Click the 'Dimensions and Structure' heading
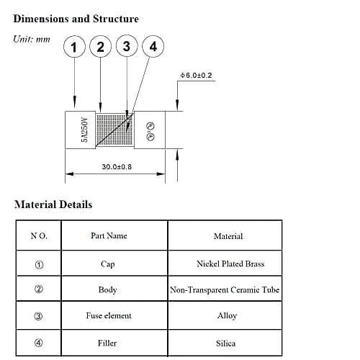click(x=76, y=19)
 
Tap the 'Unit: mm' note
click(x=32, y=39)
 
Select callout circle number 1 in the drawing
click(x=74, y=47)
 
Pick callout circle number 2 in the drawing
click(x=100, y=46)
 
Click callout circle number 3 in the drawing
click(x=127, y=46)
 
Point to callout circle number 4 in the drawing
click(x=153, y=46)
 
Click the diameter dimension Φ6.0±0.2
click(x=196, y=75)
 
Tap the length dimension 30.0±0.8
click(x=117, y=166)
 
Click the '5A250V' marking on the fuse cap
click(x=85, y=130)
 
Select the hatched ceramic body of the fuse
click(x=114, y=130)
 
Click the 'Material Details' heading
click(x=53, y=204)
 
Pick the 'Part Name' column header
click(x=109, y=235)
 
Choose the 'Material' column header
click(x=228, y=236)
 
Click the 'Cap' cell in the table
click(x=107, y=264)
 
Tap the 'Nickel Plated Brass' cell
click(x=230, y=264)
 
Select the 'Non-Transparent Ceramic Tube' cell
click(x=225, y=290)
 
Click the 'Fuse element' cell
click(x=109, y=315)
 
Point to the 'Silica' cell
click(x=225, y=343)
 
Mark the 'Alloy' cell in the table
click(x=227, y=315)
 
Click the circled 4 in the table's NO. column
click(x=39, y=343)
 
